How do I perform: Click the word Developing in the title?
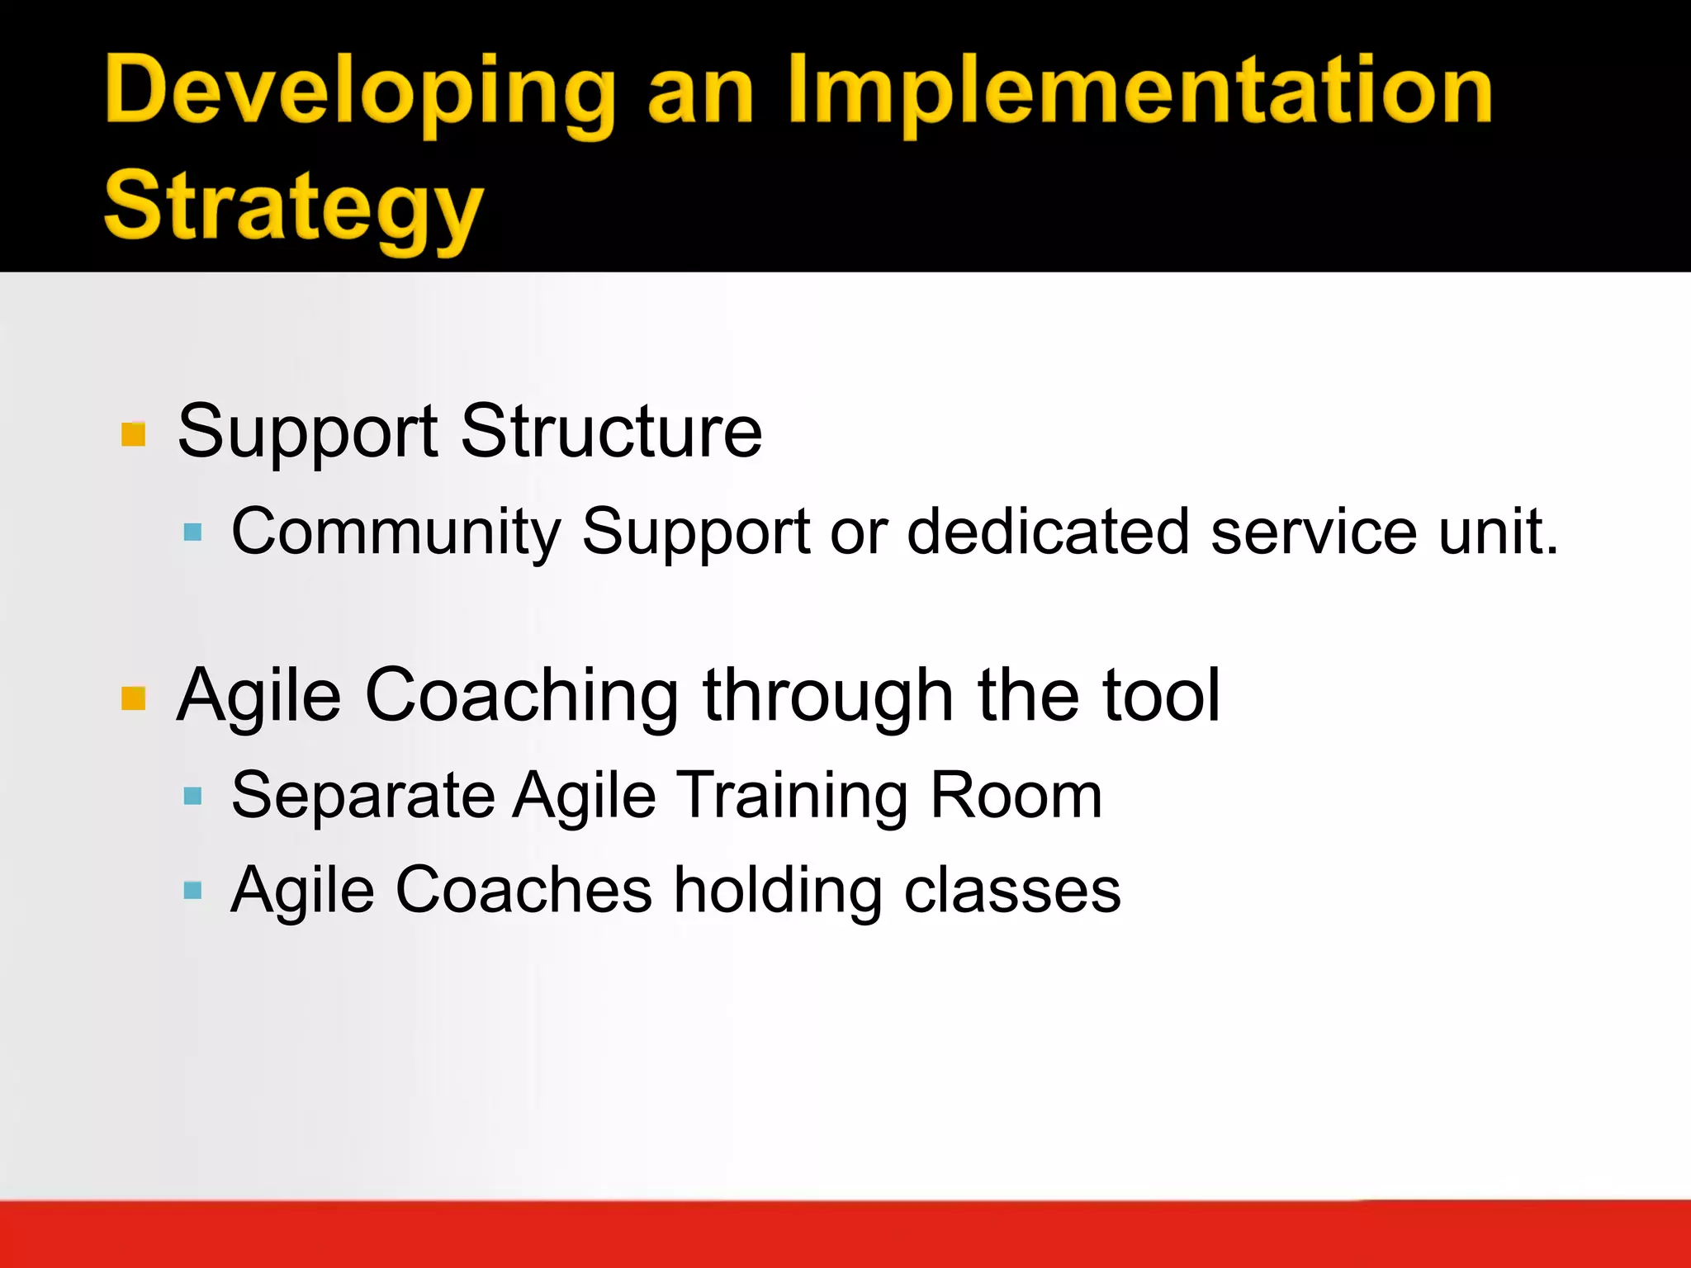click(360, 92)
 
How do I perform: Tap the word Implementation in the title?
click(1139, 92)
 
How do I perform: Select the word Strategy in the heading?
click(293, 208)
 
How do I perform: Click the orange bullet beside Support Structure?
click(133, 434)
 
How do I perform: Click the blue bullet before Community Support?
click(192, 532)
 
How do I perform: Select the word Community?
click(396, 532)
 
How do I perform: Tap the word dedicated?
click(1049, 532)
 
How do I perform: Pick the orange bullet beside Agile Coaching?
click(133, 698)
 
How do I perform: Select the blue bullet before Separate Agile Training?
click(192, 796)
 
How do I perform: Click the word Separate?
click(363, 796)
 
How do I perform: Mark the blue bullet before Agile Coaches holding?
click(192, 890)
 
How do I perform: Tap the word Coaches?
click(524, 890)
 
